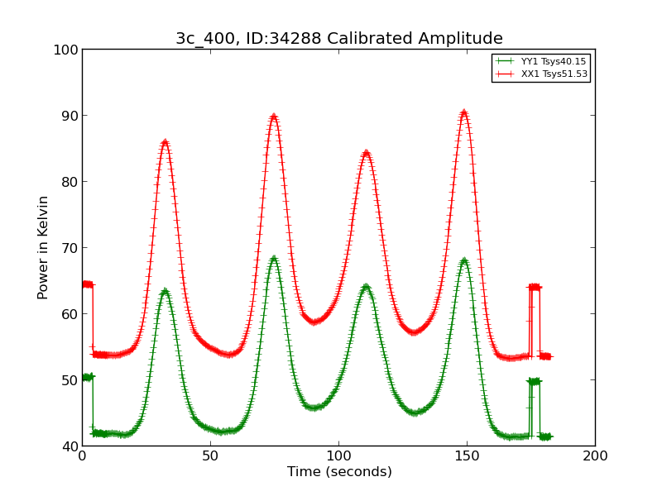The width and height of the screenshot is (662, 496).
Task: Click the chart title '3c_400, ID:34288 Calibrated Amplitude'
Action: coord(338,39)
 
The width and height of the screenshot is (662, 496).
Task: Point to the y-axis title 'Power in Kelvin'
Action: coord(44,247)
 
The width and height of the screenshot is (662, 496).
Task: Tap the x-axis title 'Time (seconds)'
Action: coord(339,472)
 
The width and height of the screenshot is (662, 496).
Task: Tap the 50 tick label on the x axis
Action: coord(210,455)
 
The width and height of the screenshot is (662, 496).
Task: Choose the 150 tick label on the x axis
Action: coord(467,455)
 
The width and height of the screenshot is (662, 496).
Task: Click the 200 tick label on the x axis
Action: coord(595,455)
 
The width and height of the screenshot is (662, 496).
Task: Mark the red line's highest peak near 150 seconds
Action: coord(464,112)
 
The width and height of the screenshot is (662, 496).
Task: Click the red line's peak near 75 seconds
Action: coord(274,117)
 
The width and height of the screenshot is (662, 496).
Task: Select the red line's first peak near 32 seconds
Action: coord(165,142)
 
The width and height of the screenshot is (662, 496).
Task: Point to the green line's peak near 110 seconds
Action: coord(366,287)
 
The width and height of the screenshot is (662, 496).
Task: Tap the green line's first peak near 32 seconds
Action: coord(165,291)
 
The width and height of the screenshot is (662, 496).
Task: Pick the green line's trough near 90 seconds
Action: coord(314,408)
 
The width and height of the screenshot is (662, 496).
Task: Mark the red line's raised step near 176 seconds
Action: coord(535,287)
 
